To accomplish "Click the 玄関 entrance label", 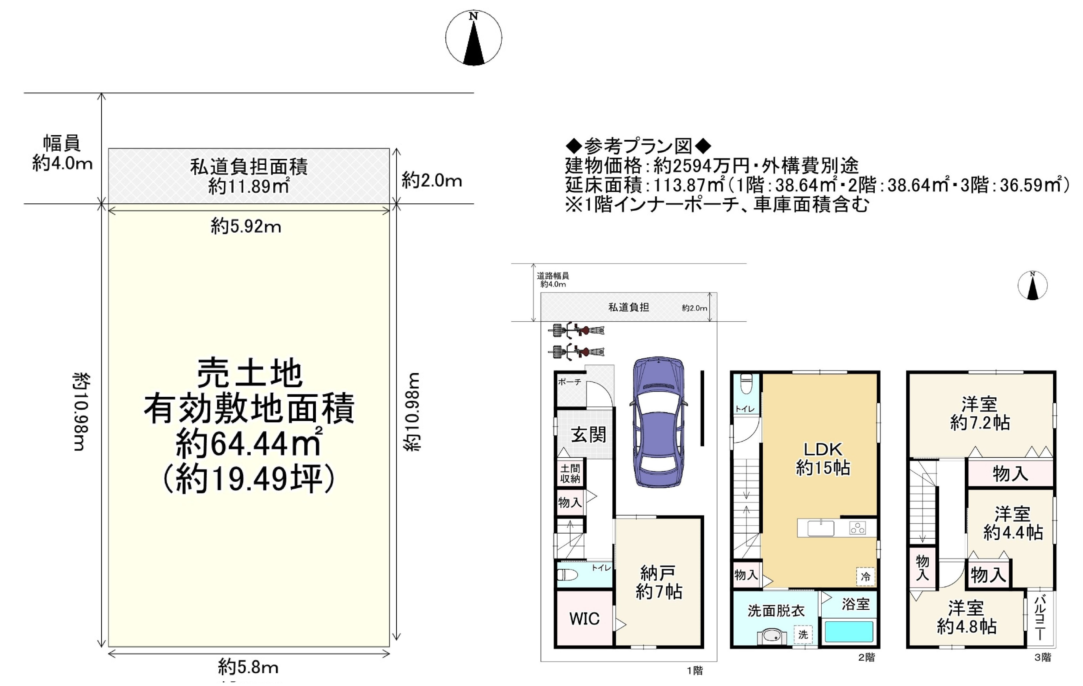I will pyautogui.click(x=588, y=435).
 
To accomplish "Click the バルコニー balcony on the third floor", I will pyautogui.click(x=1039, y=618).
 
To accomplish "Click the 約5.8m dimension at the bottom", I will pyautogui.click(x=248, y=667).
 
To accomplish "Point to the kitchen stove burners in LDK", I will pyautogui.click(x=857, y=528).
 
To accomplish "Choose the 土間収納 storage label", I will pyautogui.click(x=570, y=474).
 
